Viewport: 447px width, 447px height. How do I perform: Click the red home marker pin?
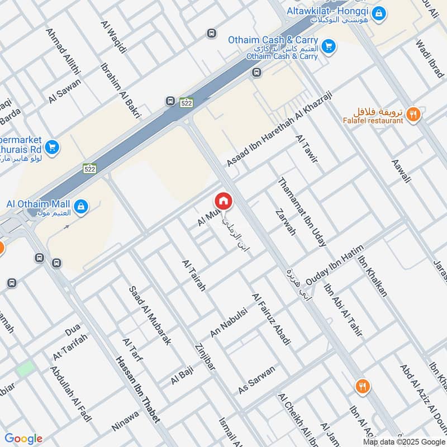tap(223, 201)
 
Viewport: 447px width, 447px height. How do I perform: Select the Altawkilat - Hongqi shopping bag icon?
tap(378, 12)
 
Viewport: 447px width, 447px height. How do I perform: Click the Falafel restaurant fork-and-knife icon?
tap(413, 115)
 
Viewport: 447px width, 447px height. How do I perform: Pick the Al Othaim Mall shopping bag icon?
tap(82, 206)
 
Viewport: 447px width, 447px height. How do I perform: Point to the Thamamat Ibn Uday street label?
tap(302, 212)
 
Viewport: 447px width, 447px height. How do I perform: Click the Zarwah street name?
tap(285, 222)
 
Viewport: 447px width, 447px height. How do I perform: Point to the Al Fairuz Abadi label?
tap(271, 318)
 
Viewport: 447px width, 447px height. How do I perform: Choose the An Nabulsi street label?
tap(228, 322)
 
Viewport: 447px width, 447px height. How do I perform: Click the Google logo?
tap(23, 439)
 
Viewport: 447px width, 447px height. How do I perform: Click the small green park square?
tap(25, 368)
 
